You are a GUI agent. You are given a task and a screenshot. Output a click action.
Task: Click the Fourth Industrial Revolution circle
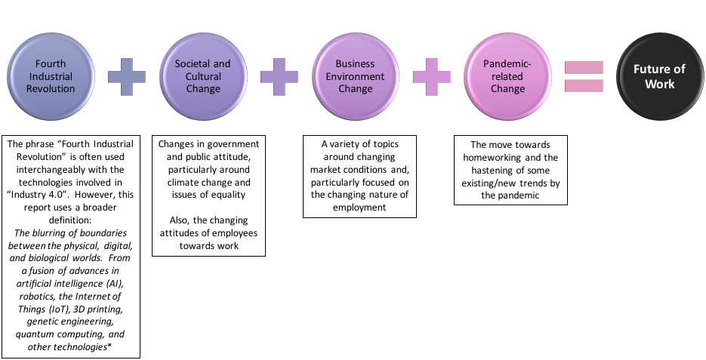click(x=51, y=76)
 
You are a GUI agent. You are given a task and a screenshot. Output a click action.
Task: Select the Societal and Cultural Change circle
click(x=203, y=76)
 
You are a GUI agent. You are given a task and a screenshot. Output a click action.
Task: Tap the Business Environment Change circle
click(x=355, y=76)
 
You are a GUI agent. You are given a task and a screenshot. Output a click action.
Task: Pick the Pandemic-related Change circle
click(x=507, y=76)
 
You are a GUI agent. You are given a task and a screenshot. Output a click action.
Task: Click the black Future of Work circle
click(x=660, y=76)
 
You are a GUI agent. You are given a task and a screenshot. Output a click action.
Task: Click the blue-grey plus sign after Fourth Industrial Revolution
click(x=127, y=76)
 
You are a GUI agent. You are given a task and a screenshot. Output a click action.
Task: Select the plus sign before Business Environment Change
click(x=279, y=76)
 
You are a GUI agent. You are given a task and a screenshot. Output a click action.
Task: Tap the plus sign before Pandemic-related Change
click(x=431, y=76)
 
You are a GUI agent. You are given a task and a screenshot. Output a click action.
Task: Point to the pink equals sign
click(x=584, y=76)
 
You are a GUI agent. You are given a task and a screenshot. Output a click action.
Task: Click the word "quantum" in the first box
click(x=33, y=334)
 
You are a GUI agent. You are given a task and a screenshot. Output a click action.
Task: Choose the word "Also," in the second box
click(x=179, y=220)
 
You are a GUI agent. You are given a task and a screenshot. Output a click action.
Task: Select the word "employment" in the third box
click(x=359, y=208)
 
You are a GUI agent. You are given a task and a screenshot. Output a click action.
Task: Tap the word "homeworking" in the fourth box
click(x=492, y=158)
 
